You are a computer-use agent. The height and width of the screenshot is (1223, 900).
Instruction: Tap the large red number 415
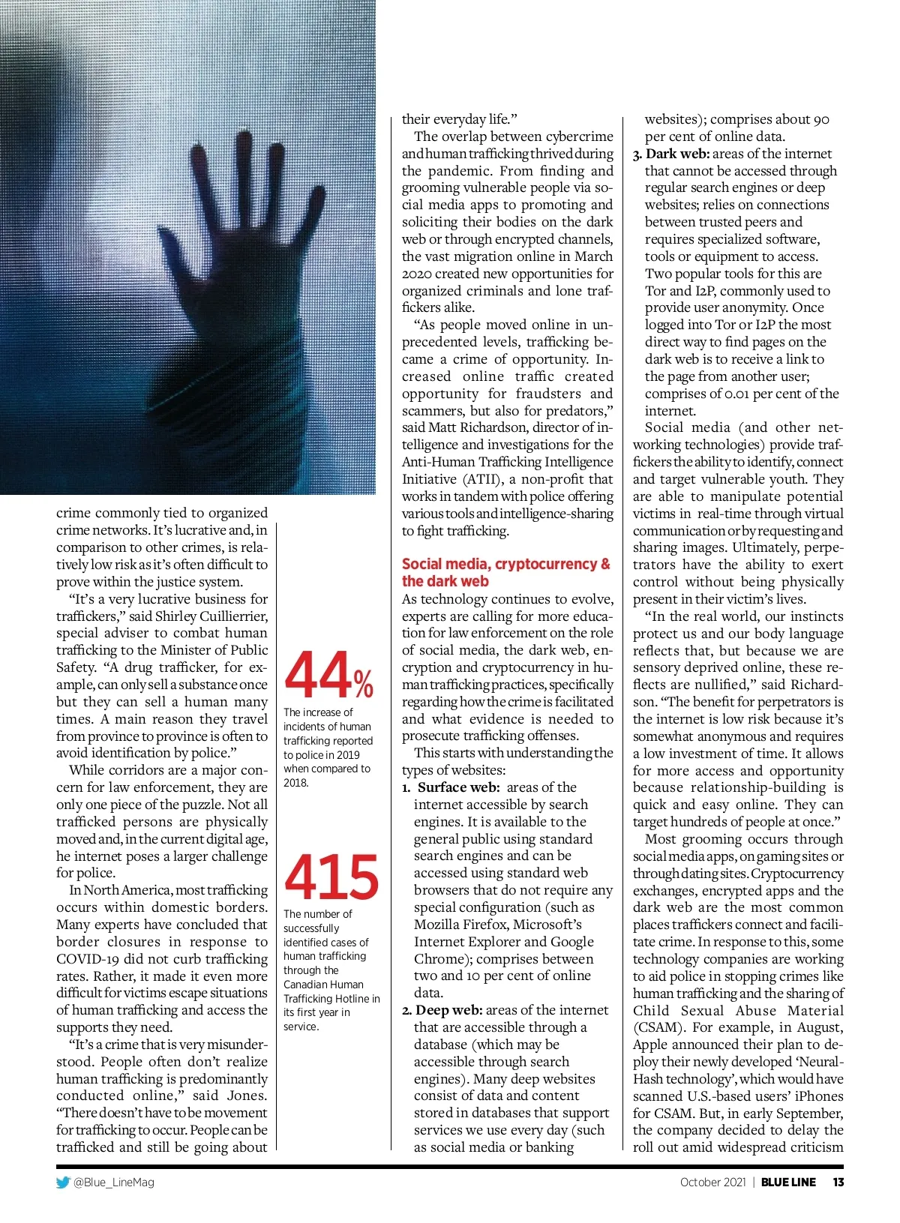331,877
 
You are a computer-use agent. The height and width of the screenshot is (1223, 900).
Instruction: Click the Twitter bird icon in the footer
63,1183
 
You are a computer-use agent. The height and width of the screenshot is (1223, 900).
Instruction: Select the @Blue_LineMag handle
113,1183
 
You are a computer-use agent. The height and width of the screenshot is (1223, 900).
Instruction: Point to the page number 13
838,1183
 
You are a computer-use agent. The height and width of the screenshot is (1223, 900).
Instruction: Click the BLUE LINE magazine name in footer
788,1183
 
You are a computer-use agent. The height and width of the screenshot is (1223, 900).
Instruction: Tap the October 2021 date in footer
712,1183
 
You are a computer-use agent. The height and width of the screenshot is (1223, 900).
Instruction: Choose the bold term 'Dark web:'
678,154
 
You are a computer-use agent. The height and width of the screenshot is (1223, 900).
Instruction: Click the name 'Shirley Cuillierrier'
211,616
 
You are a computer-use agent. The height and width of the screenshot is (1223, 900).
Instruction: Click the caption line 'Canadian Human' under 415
323,985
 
